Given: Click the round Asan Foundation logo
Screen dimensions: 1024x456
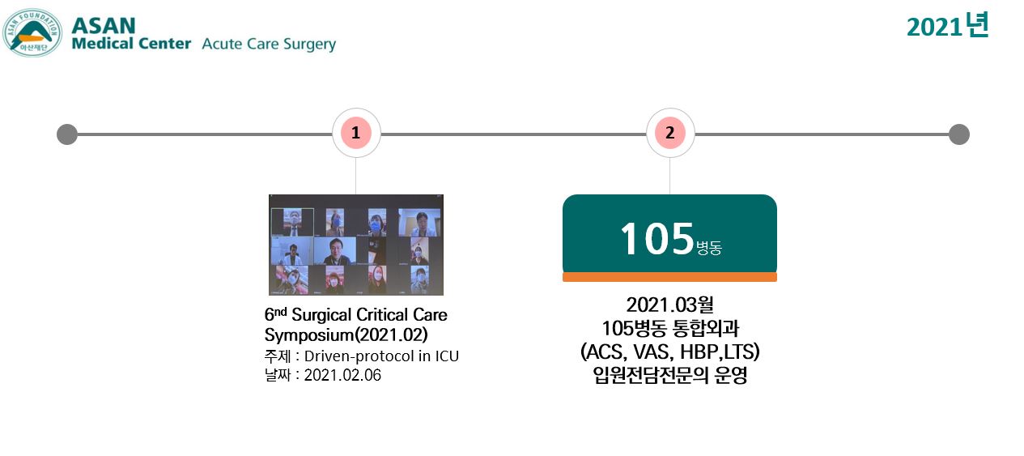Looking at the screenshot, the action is (x=32, y=32).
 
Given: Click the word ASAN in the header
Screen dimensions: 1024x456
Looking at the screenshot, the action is (x=104, y=26).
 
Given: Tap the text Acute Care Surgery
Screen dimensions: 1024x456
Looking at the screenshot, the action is (x=269, y=45).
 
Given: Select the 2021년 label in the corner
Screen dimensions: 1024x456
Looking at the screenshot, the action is (x=948, y=26).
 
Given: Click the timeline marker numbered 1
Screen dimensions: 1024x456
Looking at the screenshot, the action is (x=355, y=133).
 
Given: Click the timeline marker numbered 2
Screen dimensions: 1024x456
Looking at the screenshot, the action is (x=669, y=133).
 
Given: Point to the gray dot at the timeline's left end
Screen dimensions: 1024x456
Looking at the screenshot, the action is (x=67, y=134).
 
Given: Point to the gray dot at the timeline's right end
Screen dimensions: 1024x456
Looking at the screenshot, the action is (x=959, y=134).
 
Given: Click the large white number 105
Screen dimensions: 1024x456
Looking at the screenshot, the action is (x=657, y=238).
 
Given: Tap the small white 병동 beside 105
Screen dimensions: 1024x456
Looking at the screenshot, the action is (x=708, y=248).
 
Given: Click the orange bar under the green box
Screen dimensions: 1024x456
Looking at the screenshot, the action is (x=669, y=277).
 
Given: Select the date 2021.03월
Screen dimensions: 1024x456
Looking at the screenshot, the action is (x=669, y=305).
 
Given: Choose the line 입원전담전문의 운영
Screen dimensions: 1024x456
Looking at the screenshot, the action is (x=669, y=376).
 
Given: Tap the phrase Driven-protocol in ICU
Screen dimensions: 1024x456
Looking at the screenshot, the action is (x=381, y=356).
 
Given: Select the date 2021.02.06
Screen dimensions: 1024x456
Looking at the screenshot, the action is (x=342, y=375).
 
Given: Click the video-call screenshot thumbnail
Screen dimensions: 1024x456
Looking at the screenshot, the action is (x=356, y=245).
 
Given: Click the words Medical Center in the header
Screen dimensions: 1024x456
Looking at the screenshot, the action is (x=131, y=44).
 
